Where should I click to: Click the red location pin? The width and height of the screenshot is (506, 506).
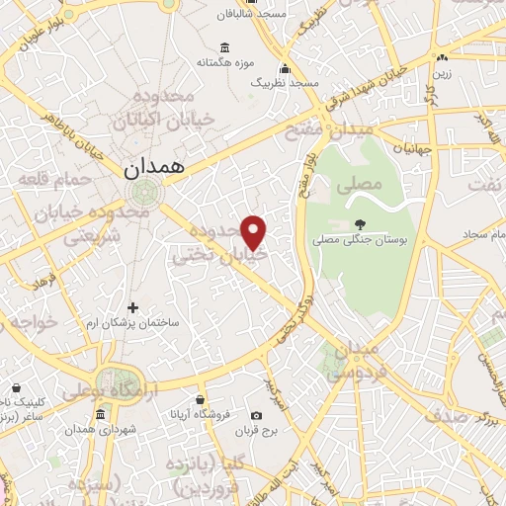tap(254, 231)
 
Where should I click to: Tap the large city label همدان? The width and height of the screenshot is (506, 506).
tap(155, 168)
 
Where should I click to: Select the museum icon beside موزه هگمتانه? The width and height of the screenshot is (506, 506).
tap(225, 47)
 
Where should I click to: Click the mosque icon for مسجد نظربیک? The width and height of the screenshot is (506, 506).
tap(286, 69)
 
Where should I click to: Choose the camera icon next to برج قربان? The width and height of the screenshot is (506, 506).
tap(257, 415)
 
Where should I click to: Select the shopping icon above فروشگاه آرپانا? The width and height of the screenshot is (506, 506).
tap(201, 400)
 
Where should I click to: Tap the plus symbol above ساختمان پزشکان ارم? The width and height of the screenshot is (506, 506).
tap(133, 309)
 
